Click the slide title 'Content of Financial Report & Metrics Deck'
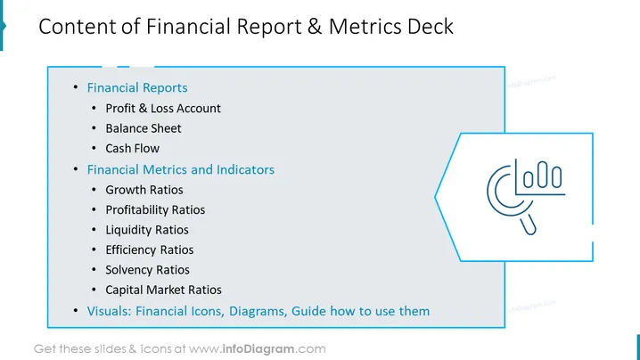click(x=246, y=27)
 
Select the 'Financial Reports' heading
click(x=137, y=87)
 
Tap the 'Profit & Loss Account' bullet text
click(x=163, y=108)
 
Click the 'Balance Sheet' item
click(x=144, y=128)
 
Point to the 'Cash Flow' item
click(x=132, y=148)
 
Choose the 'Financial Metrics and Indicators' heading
click(x=180, y=169)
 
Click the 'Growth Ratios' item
click(x=144, y=190)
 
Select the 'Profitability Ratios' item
click(x=155, y=209)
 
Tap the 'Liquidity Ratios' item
click(x=147, y=230)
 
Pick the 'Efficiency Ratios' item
click(x=150, y=250)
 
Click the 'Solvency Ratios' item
click(x=147, y=270)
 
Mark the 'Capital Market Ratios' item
click(x=163, y=290)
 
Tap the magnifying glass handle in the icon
click(x=529, y=225)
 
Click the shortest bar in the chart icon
click(x=529, y=179)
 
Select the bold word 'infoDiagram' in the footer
click(x=258, y=349)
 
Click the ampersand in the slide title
click(x=315, y=27)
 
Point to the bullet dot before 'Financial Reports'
click(x=76, y=87)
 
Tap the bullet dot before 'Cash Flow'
click(x=94, y=148)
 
